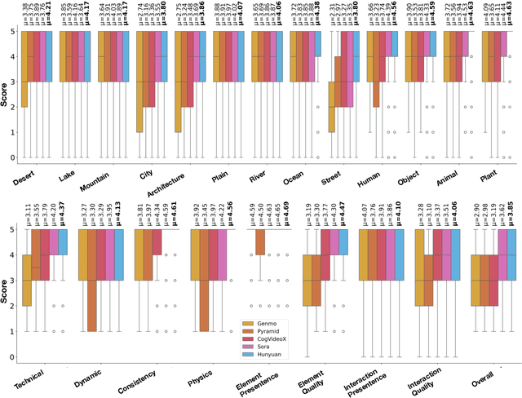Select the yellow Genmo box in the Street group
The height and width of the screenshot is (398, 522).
tap(332, 107)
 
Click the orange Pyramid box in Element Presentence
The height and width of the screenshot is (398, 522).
tap(260, 242)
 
